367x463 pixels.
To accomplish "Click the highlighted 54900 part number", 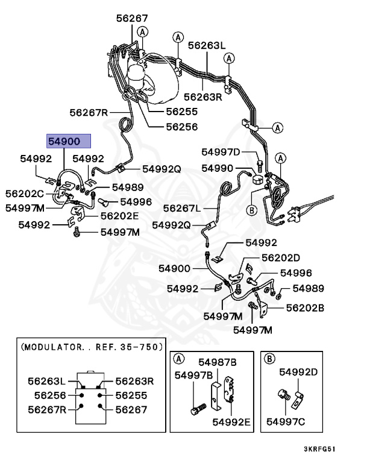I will point(69,142).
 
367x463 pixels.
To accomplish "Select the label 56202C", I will point(25,194).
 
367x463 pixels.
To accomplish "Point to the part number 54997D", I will point(221,151).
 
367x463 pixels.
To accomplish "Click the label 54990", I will point(216,168).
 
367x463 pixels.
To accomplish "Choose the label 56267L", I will point(181,208).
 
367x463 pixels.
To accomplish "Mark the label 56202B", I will point(305,307).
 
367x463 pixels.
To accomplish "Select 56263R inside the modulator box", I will point(135,381).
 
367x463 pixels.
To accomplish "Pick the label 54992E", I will point(231,421).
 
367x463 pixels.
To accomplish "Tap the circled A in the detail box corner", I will point(179,359).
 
